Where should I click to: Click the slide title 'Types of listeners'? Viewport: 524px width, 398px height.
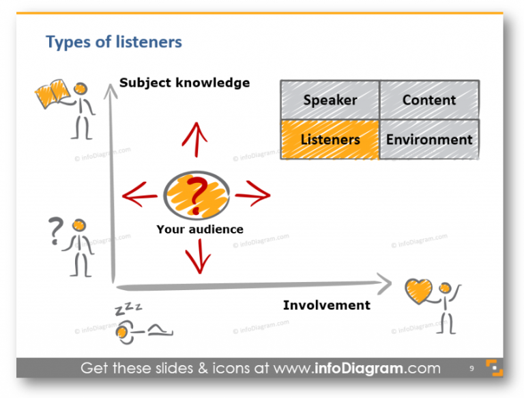[x=114, y=42]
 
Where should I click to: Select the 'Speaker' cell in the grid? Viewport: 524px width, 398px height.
[x=330, y=100]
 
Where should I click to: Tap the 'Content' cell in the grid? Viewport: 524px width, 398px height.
[x=429, y=100]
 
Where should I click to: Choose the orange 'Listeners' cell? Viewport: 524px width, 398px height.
[x=330, y=140]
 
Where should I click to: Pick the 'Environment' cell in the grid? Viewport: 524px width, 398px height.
[x=429, y=140]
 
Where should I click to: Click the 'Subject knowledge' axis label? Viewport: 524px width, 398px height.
[x=184, y=83]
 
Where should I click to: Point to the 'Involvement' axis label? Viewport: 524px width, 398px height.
[x=326, y=305]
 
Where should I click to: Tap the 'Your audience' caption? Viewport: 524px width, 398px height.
[x=199, y=229]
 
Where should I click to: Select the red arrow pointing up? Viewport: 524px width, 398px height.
[x=196, y=139]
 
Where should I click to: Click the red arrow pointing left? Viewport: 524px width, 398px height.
[x=141, y=196]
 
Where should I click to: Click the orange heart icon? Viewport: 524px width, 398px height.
[x=418, y=292]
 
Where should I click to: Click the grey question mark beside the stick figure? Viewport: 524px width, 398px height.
[x=55, y=232]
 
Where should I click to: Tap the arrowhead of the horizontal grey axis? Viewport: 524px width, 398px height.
[x=385, y=281]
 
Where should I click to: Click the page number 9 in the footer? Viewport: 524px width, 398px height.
[x=471, y=369]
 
